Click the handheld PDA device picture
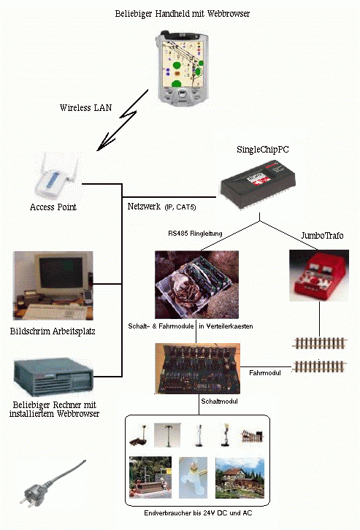(183, 67)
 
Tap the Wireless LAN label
(85, 108)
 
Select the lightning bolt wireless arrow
(123, 120)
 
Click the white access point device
(56, 178)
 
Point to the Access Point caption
(53, 207)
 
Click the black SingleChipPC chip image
(258, 185)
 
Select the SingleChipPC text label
(263, 150)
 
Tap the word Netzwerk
(144, 206)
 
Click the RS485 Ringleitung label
(195, 233)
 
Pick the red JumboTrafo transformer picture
(319, 275)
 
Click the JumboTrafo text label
(322, 235)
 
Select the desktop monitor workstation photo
(53, 285)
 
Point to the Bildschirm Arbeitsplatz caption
(53, 331)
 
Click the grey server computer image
(53, 377)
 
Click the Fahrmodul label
(264, 373)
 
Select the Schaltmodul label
(219, 402)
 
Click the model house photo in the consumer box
(240, 478)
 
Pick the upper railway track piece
(319, 343)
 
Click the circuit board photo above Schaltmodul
(197, 369)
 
